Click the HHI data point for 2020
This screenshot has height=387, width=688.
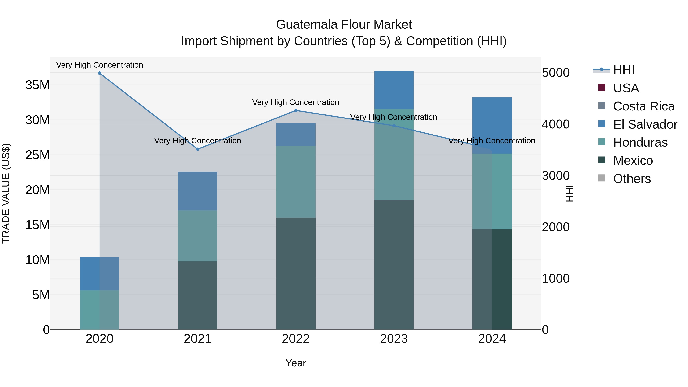pos(100,73)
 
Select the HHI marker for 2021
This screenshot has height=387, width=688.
pos(198,149)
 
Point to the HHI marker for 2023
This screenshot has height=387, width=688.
pos(394,126)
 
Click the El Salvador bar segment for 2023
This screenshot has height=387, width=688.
pos(394,90)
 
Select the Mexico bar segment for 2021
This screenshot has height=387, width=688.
pos(198,295)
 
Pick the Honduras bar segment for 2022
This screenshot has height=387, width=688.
pos(296,182)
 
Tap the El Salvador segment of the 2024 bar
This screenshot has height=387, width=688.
pos(492,126)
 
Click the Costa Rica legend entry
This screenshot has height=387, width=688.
pos(644,106)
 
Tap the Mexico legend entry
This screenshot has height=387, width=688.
pos(633,161)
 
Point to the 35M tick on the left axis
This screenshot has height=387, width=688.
pos(38,85)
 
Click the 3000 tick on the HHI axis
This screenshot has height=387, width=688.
pos(556,176)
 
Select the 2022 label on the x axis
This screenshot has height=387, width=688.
pos(296,339)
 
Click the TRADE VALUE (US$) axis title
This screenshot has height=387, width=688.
pos(6,193)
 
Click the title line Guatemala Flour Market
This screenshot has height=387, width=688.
pos(344,25)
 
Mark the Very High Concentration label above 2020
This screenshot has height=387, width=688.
pos(100,65)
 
